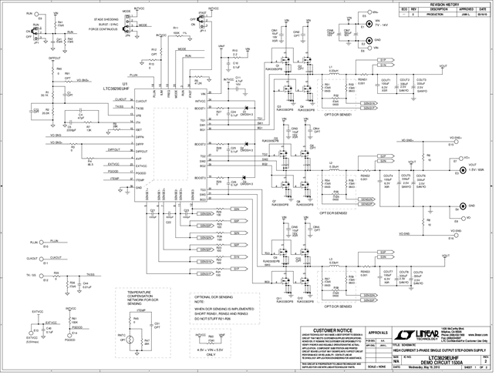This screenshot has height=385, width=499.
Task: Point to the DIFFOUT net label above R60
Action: point(55,59)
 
